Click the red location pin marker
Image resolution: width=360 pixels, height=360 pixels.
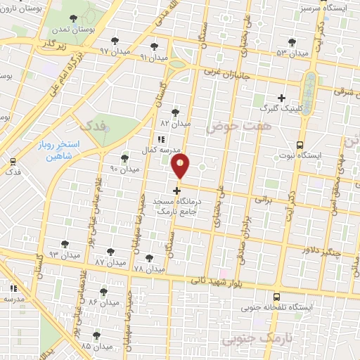[181, 166]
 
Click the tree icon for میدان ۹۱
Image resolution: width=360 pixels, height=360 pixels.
[154, 46]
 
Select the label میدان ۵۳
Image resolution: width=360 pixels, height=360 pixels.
[292, 53]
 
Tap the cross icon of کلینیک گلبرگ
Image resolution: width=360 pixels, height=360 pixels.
[282, 98]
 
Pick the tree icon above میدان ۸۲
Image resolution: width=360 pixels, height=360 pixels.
[175, 111]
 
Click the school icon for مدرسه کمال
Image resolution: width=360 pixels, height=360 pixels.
[161, 139]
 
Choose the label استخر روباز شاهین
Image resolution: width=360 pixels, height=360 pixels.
[60, 152]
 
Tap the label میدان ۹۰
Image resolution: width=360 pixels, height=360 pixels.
[125, 169]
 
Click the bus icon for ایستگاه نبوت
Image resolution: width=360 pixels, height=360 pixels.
[300, 144]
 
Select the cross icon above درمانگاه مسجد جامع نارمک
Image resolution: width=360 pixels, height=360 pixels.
[176, 190]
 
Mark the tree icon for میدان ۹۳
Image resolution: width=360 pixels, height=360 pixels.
[65, 244]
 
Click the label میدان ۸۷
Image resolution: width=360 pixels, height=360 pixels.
[110, 262]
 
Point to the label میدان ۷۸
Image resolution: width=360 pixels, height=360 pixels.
[148, 269]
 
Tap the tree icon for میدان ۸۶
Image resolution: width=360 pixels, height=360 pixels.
[103, 290]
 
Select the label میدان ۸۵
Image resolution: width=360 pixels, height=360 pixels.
[96, 347]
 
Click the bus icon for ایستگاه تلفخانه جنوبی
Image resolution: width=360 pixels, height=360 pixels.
[276, 297]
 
